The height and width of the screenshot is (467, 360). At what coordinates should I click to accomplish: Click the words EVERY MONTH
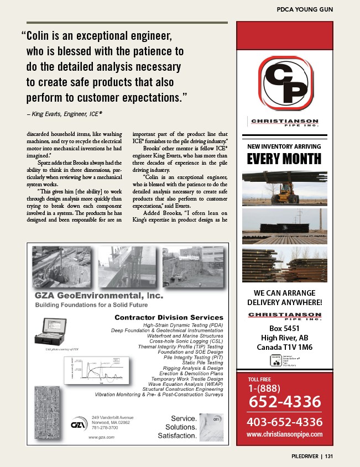[x=284, y=159]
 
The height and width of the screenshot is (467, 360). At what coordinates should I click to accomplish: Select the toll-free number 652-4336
[x=284, y=401]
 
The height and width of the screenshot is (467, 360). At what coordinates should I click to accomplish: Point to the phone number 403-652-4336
[x=284, y=422]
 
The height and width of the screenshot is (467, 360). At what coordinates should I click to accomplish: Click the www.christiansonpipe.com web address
[x=284, y=435]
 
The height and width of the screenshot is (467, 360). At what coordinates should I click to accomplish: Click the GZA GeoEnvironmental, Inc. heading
[x=100, y=296]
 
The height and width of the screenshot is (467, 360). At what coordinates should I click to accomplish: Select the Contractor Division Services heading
[x=169, y=317]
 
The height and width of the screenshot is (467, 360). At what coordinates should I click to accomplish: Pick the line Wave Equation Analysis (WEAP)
[x=186, y=384]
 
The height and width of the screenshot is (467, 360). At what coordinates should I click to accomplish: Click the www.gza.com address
[x=101, y=437]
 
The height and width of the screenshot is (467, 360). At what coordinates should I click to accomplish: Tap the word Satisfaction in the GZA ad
[x=176, y=435]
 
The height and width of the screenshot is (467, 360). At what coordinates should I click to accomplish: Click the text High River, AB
[x=284, y=338]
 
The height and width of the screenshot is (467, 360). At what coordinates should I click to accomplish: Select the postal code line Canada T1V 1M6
[x=284, y=348]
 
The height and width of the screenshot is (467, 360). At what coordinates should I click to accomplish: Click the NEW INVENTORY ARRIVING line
[x=284, y=146]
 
